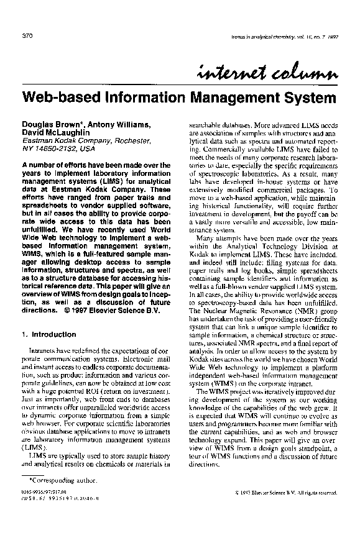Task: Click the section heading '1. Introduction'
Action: click(x=48, y=334)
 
